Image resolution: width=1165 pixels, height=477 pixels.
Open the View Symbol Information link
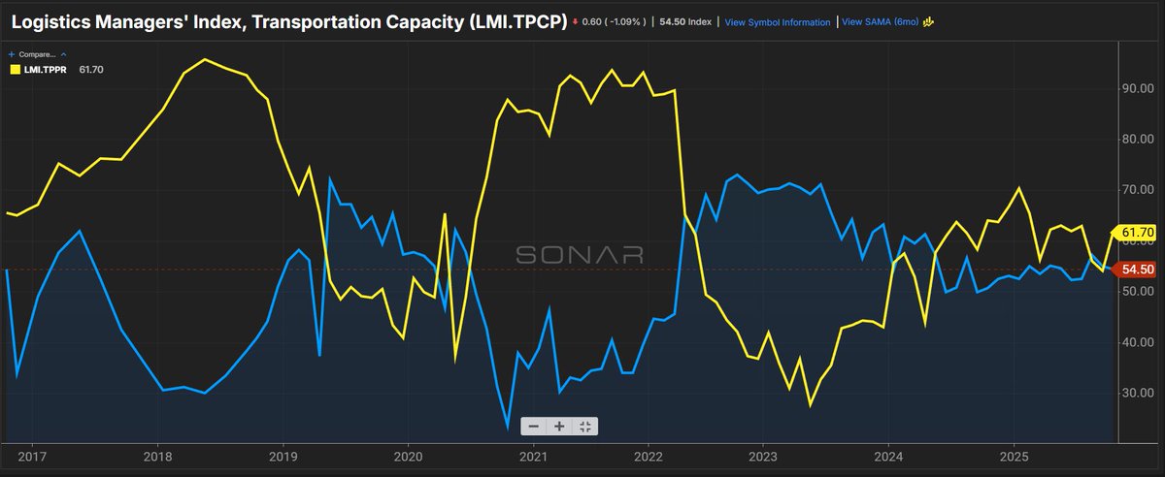click(x=778, y=22)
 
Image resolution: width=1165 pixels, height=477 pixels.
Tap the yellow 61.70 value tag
click(x=1137, y=233)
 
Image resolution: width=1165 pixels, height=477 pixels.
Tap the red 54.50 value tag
click(x=1137, y=270)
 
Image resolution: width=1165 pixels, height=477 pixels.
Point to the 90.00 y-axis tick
click(x=1138, y=88)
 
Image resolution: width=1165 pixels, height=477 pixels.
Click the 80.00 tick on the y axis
click(x=1138, y=139)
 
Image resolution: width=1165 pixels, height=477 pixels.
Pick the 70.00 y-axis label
click(x=1138, y=190)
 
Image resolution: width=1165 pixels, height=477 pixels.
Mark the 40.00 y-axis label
click(x=1138, y=342)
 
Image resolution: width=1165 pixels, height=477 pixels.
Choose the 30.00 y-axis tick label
click(x=1138, y=393)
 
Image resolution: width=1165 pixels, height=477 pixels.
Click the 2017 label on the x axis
click(x=32, y=456)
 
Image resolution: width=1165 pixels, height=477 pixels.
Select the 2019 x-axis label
click(x=283, y=456)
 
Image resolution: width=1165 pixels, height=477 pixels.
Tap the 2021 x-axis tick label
click(x=533, y=456)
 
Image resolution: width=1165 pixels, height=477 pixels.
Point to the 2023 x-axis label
click(x=764, y=456)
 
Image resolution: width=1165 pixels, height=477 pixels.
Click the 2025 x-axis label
click(x=1015, y=456)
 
